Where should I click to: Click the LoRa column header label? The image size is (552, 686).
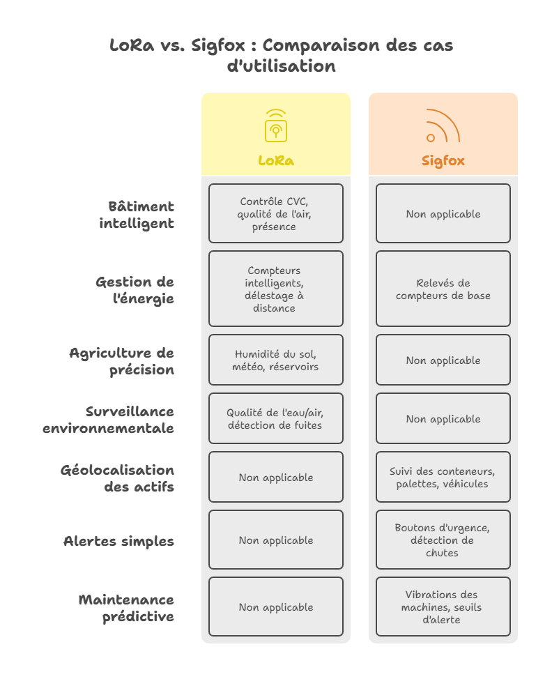[x=276, y=160]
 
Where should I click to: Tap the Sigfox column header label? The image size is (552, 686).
[x=443, y=160]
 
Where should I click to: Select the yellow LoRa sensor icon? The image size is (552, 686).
[x=276, y=125]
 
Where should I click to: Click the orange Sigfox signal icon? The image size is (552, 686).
[x=443, y=125]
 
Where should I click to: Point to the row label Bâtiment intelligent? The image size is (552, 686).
[x=137, y=215]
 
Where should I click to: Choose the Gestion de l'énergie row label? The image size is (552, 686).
[x=135, y=290]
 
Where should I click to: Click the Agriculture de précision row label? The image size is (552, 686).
[x=121, y=361]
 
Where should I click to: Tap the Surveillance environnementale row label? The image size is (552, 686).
[x=109, y=420]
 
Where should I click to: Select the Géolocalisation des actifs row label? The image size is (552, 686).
[x=117, y=478]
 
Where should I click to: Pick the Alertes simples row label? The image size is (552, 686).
[x=118, y=541]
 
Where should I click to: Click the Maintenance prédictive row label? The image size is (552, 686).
[x=126, y=608]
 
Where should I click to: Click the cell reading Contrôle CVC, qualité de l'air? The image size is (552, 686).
[x=276, y=213]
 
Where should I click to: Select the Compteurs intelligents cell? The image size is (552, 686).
[x=276, y=289]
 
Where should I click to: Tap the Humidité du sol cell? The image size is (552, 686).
[x=276, y=360]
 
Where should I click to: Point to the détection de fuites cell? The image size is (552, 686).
[x=276, y=418]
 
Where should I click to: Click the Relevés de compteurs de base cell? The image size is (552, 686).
[x=443, y=289]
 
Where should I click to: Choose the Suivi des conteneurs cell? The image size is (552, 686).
[x=443, y=477]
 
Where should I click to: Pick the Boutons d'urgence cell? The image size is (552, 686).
[x=443, y=540]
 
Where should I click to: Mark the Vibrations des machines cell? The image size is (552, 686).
[x=443, y=607]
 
